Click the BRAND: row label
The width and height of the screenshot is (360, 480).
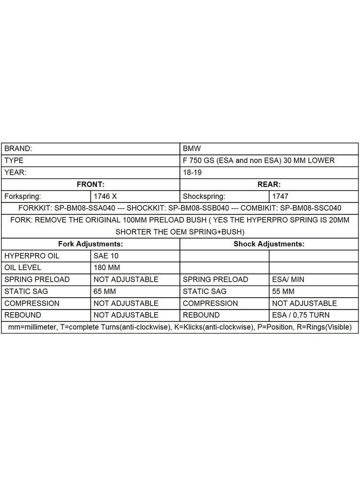[x=18, y=149]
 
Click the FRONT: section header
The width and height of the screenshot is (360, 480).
[x=90, y=184]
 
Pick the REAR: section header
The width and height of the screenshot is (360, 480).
[x=269, y=184]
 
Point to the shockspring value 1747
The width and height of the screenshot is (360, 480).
[x=280, y=196]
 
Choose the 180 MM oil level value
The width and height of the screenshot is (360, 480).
[x=107, y=267]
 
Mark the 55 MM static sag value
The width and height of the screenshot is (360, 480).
[x=283, y=291]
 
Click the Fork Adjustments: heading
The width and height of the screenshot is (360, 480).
[x=90, y=244]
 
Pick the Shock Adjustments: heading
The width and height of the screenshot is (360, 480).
[x=269, y=244]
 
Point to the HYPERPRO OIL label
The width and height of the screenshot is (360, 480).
[x=32, y=256]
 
